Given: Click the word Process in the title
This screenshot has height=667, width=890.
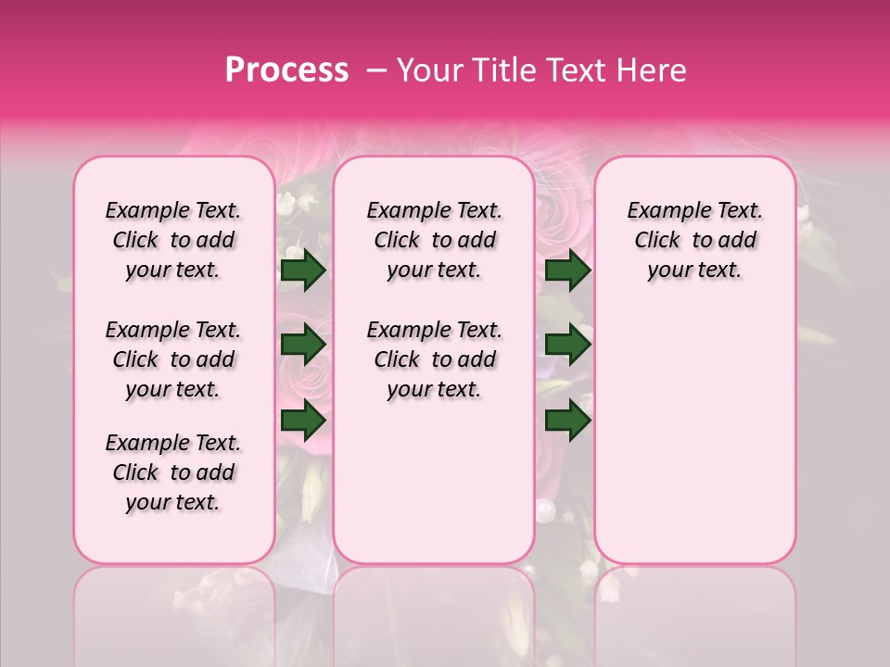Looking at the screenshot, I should click(286, 70).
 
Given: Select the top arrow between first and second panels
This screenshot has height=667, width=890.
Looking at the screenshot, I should click(303, 270).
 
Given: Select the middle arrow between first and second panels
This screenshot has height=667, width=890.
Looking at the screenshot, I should click(303, 345).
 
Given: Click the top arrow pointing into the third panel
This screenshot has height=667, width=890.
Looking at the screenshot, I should click(568, 270).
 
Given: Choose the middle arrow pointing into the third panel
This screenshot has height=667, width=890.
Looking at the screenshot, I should click(568, 345).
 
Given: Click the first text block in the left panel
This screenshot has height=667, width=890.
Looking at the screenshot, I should click(173, 240).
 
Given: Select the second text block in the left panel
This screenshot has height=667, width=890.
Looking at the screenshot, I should click(173, 359).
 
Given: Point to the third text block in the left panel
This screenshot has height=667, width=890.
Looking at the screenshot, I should click(173, 472).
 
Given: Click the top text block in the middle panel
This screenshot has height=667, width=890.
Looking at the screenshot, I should click(434, 240).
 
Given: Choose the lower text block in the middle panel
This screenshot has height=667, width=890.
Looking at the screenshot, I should click(434, 359).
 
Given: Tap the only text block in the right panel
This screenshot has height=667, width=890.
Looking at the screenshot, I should click(694, 240).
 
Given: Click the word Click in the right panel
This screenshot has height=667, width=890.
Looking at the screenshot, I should click(657, 240).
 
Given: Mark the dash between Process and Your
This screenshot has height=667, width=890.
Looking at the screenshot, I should click(376, 70).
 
